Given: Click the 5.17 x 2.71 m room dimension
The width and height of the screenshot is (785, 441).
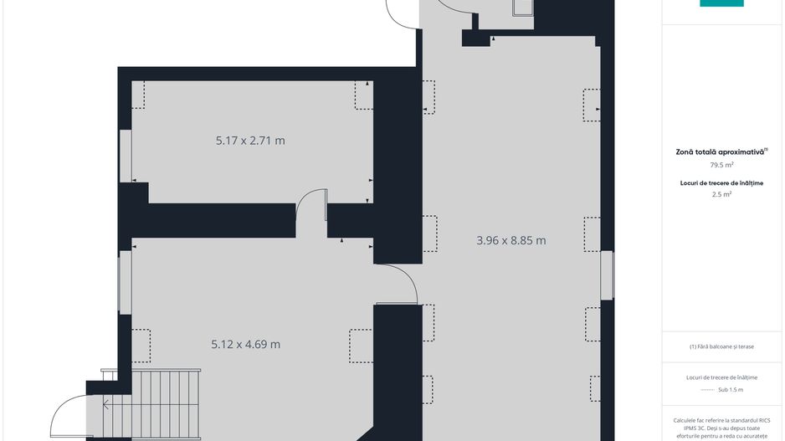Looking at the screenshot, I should pos(250,141).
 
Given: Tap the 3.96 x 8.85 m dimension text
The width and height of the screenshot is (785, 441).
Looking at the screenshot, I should pos(511,241).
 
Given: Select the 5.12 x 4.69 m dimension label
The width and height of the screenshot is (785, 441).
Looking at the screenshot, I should pos(245,344).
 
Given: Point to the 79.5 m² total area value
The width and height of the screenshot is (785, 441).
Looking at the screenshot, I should pos(721,166).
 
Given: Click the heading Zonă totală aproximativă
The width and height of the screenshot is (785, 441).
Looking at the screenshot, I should pos(721,152).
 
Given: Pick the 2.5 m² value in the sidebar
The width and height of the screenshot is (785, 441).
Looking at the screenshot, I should pos(721,194).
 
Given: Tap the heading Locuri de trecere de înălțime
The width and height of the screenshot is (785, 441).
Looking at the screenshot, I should pos(721,182).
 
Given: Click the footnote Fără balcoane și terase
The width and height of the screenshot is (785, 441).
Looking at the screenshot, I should pos(721,346).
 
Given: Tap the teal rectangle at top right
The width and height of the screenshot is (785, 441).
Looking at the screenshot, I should pos(721,3).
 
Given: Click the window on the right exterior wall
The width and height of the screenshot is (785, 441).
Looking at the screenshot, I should pos(607,275).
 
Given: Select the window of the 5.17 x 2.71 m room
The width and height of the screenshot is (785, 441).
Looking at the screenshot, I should pos(124,155).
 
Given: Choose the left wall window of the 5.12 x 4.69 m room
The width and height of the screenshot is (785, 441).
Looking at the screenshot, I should pos(124,283).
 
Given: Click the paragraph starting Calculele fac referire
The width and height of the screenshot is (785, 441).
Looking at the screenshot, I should pos(721,427).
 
